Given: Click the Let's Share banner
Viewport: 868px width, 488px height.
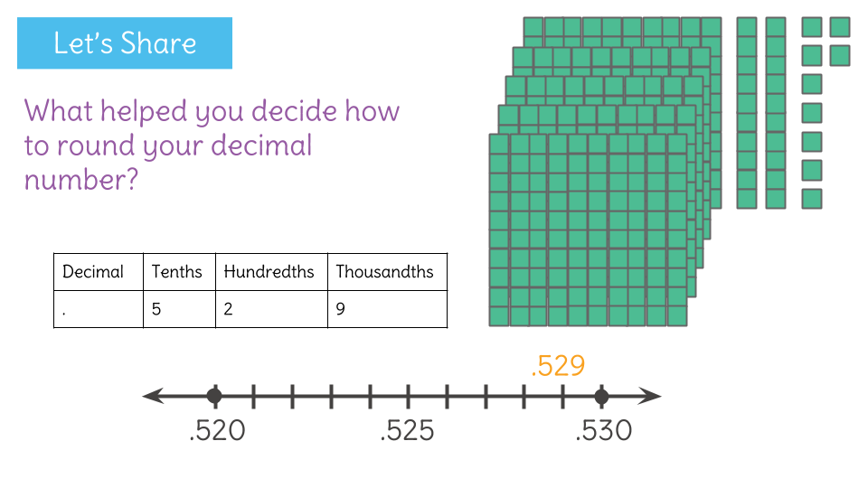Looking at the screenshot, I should click(125, 43).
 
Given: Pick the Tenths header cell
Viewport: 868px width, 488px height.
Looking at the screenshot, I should click(178, 272).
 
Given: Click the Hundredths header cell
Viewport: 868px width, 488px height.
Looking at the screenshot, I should click(270, 272).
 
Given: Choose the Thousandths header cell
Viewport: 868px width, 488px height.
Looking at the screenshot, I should click(386, 272).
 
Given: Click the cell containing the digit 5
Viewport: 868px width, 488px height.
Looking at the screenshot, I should click(178, 309).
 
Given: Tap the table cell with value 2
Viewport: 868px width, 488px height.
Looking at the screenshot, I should click(270, 309).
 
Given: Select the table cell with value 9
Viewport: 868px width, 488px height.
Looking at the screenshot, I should click(386, 309).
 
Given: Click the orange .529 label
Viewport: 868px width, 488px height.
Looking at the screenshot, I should click(558, 366).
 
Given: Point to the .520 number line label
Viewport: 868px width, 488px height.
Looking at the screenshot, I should click(217, 431).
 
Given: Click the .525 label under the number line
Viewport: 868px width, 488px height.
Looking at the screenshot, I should click(408, 431).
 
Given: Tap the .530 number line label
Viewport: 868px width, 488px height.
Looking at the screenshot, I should click(603, 431).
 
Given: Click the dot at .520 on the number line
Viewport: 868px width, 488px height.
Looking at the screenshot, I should click(214, 396).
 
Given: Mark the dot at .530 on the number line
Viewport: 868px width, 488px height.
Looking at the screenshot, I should click(601, 396).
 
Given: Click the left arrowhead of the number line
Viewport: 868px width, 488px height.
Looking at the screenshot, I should click(152, 396).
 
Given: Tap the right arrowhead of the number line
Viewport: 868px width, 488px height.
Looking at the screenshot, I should click(653, 396).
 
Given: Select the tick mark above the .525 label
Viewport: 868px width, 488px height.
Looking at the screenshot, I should click(408, 396).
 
